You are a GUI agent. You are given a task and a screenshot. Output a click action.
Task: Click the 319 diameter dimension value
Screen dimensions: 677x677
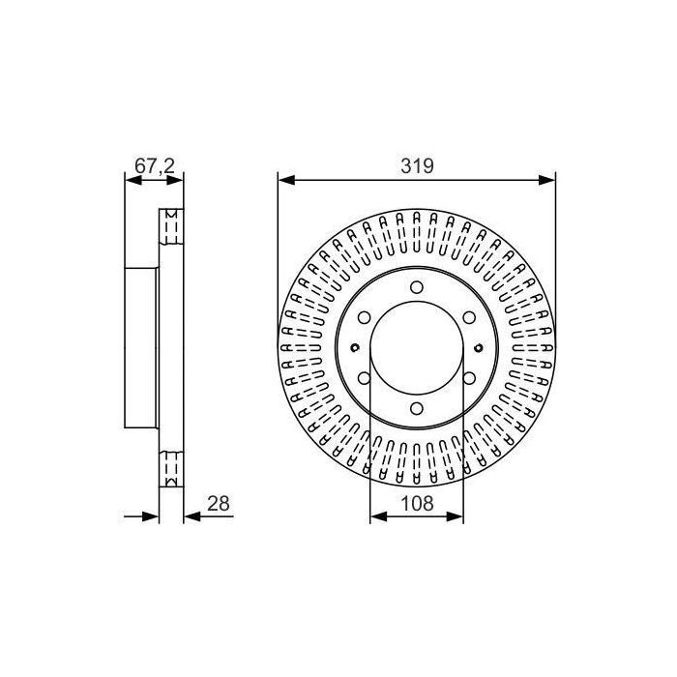[x=417, y=165]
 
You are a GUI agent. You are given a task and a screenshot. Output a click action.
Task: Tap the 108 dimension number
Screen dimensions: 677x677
[x=417, y=504]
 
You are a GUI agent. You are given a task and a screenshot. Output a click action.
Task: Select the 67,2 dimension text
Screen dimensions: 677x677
[x=153, y=165]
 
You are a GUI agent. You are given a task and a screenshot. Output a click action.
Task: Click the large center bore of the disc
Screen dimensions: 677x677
[x=417, y=347]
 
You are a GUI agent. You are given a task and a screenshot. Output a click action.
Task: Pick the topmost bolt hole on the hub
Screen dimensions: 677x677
[x=417, y=286]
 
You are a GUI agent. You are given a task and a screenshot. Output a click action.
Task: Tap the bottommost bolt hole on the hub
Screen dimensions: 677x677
[x=417, y=409]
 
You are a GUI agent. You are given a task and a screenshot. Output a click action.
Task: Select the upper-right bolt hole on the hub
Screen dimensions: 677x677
[x=470, y=316]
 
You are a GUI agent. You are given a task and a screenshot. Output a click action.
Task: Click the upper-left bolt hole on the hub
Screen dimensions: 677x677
[x=364, y=316]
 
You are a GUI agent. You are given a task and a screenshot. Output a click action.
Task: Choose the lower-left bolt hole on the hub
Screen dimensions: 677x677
[x=364, y=378]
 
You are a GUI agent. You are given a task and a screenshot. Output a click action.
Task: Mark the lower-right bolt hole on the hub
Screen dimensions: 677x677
[x=470, y=378]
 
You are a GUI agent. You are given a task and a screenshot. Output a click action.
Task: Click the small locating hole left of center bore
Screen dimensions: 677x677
[x=356, y=347]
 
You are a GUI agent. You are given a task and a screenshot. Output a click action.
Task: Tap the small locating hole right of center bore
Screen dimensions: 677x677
[x=478, y=347]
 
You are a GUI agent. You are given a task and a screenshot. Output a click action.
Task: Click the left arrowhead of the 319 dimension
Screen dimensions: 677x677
[x=284, y=178]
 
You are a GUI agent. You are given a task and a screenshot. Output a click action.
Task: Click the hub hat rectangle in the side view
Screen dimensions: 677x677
[x=142, y=347]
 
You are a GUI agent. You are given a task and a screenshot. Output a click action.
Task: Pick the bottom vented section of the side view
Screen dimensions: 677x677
[x=171, y=469]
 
